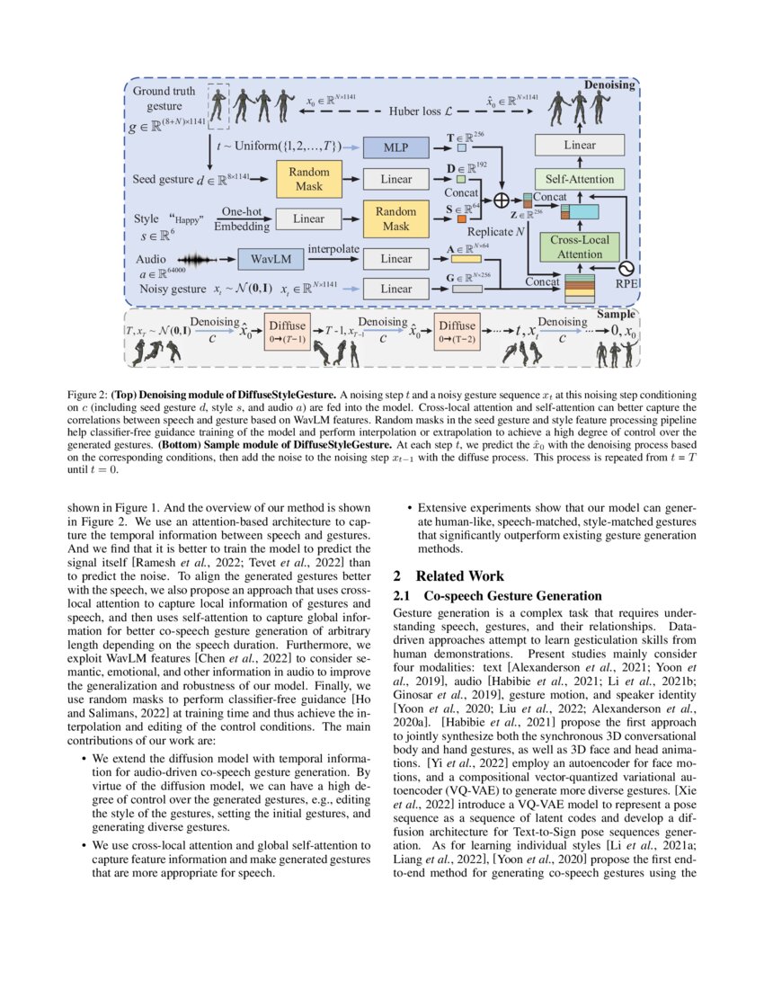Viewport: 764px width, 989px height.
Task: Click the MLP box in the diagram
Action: pyautogui.click(x=396, y=146)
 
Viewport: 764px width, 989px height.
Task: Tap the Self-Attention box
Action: pyautogui.click(x=580, y=179)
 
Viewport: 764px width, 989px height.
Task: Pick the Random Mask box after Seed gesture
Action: pyautogui.click(x=308, y=179)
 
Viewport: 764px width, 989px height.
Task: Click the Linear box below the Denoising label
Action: pyautogui.click(x=580, y=145)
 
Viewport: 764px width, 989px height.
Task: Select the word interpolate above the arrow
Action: pyautogui.click(x=334, y=247)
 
